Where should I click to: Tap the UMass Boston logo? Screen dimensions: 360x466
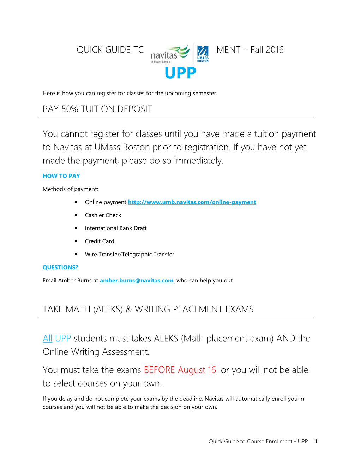coord(203,54)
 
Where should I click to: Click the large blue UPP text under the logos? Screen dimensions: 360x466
coord(180,73)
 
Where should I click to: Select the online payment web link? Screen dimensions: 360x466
coord(192,202)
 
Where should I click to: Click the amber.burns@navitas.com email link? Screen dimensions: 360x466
coord(137,280)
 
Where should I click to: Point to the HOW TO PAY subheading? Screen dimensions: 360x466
coord(61,176)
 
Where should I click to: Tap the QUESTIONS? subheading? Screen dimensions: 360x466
coord(60,267)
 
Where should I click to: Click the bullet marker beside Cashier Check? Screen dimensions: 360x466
coord(76,215)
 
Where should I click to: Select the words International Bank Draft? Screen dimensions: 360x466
coord(116,228)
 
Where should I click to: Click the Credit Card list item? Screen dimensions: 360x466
coord(100,241)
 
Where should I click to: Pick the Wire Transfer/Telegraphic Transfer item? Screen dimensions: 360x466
coord(130,254)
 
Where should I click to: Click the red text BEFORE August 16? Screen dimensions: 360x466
coord(180,370)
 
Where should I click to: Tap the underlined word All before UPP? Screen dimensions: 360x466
coord(47,338)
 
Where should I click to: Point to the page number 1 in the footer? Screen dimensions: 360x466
coord(316,441)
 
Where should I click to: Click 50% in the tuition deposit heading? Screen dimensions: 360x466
coord(70,109)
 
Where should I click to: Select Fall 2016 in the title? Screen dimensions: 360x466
coord(267,50)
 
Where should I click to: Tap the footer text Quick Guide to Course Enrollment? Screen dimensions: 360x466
coord(250,441)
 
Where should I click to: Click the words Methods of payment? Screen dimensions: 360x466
coord(70,189)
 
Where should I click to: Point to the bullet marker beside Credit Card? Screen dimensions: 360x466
coord(76,241)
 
